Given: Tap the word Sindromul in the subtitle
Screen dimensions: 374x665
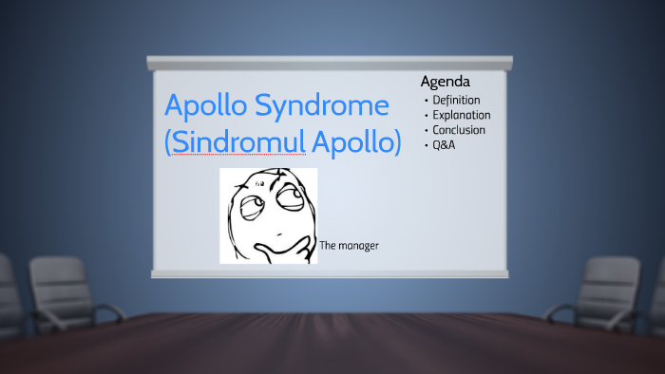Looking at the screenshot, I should click(237, 142).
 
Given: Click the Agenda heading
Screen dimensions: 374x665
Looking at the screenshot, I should click(446, 82).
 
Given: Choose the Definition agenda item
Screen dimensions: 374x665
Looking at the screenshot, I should click(456, 100).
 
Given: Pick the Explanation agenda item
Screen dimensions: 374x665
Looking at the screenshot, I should click(461, 115).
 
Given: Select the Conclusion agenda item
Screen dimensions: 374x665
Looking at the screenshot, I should click(459, 130).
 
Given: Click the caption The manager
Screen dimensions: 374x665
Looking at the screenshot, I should click(350, 246).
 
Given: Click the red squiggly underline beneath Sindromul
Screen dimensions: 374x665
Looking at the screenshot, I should click(237, 155).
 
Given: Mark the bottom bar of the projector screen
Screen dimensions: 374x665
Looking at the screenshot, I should click(329, 274).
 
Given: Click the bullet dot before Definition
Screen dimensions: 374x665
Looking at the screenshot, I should click(426, 101).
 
